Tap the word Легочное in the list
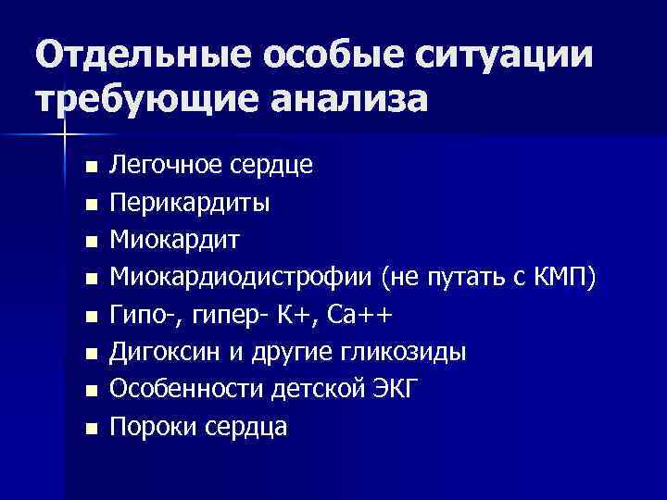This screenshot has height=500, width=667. (x=157, y=166)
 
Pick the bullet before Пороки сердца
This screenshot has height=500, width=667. (x=89, y=429)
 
